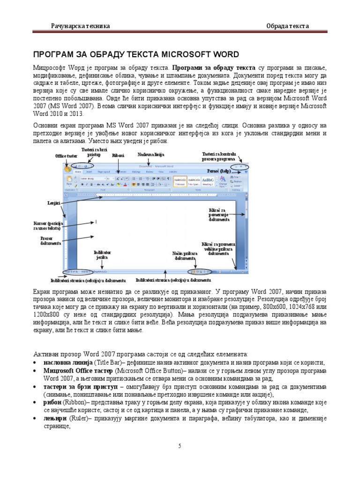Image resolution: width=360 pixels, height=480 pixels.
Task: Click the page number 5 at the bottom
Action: coord(180,446)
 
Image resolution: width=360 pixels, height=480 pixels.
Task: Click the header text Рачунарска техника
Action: coord(80,26)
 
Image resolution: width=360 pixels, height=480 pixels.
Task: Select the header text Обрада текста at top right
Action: coord(287,26)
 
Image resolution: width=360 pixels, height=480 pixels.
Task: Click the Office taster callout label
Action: coord(66,156)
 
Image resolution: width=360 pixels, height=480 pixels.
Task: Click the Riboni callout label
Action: coord(118,155)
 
